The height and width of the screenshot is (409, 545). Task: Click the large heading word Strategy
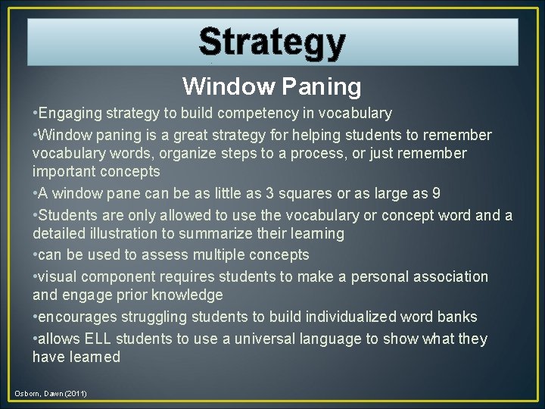point(272,42)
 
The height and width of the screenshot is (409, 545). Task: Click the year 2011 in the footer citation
point(76,394)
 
